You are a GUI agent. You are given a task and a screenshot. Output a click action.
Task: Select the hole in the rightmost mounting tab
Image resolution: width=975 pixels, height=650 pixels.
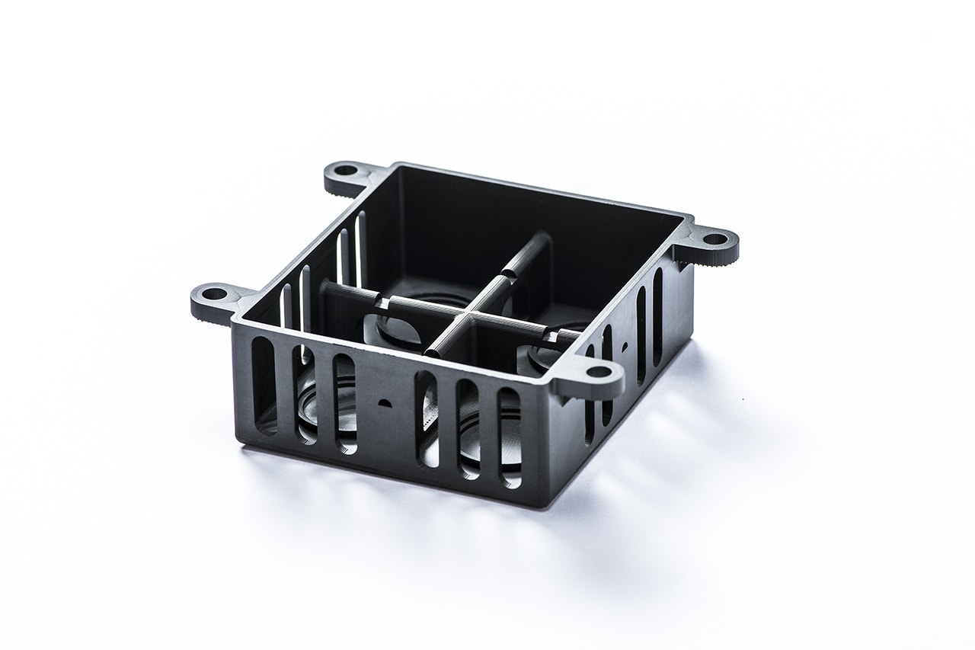click(714, 239)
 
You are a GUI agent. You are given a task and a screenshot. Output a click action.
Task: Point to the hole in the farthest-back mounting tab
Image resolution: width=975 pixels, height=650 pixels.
click(346, 169)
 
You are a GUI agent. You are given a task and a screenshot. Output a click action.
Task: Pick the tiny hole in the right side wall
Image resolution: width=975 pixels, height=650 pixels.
click(625, 345)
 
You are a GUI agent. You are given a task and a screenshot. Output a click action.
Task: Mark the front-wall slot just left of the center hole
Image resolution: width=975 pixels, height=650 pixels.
click(345, 403)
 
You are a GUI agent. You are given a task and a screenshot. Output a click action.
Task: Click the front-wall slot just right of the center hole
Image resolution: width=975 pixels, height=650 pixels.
click(427, 418)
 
